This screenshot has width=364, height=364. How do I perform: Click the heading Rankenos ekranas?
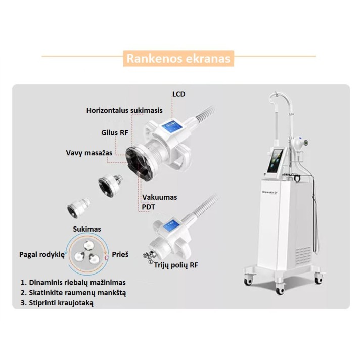pos(178,58)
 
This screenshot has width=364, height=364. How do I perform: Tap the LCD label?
pos(179,94)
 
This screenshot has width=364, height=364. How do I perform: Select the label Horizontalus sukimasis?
pos(124,110)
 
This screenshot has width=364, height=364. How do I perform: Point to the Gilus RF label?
pos(115,133)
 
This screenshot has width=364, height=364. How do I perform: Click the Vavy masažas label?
pos(89,153)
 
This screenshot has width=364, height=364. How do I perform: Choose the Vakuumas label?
pos(159,197)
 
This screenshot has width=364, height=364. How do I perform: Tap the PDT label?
pos(148,207)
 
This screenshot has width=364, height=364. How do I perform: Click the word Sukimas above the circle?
pos(87,229)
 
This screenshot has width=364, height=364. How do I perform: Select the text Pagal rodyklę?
pos(42,255)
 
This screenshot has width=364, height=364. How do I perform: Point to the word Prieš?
pos(120,254)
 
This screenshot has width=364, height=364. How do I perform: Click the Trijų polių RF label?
pos(176,265)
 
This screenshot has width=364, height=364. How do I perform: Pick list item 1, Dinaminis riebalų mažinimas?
pos(73,283)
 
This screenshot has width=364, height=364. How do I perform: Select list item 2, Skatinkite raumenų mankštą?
pos(73,293)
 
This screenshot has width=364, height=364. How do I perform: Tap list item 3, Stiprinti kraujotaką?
pos(57,303)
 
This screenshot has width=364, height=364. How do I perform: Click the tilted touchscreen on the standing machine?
pos(276,161)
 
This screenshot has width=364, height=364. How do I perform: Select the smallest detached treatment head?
pos(78,208)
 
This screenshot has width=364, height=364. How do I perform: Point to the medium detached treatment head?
pos(110,186)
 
